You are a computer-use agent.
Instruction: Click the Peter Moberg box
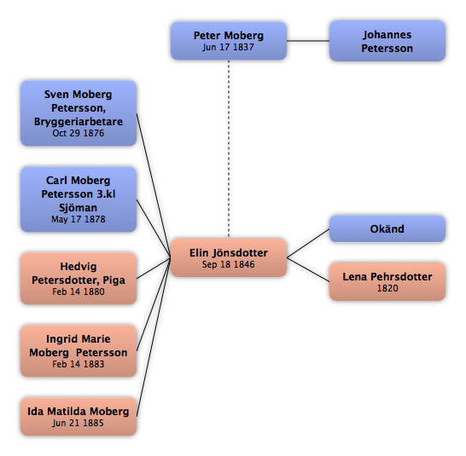coord(229,41)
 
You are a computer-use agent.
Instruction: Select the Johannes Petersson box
coord(387,41)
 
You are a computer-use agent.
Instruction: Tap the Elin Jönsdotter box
coord(229,257)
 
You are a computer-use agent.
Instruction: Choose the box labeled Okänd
coord(387,229)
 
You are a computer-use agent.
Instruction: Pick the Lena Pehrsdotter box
coord(387,281)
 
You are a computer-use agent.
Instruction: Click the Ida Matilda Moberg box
coord(79,417)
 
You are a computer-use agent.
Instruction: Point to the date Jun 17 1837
coord(228,47)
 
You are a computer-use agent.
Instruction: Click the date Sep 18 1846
coord(228,264)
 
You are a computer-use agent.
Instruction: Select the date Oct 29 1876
coord(79,133)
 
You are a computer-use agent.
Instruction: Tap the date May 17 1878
coord(79,219)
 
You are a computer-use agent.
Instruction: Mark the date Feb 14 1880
coord(79,291)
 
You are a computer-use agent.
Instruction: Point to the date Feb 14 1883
coord(79,364)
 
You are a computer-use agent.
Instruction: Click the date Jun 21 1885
coord(78,423)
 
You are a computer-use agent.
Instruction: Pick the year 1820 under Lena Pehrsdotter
coord(387,288)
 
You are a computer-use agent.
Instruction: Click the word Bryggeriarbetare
coord(79,122)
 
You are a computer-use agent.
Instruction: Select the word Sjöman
coord(78,207)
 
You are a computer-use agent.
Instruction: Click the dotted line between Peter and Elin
coord(229,148)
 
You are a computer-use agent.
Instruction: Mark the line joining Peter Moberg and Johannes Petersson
coord(308,41)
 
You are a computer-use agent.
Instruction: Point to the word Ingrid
coord(60,339)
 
